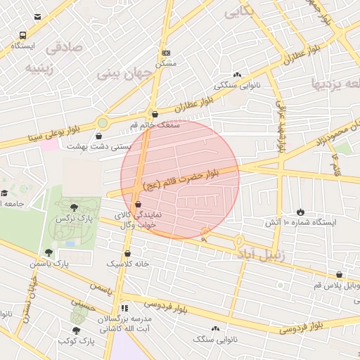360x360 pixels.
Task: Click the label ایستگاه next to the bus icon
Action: coord(22,46)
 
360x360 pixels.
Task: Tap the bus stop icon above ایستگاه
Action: coord(23,34)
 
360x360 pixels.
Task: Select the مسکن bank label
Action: coord(166,63)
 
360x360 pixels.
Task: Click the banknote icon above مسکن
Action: coord(166,53)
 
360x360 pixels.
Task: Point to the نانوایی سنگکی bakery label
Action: coord(235,85)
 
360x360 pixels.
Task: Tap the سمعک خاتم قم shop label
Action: coord(155,124)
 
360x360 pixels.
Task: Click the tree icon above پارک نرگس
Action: coord(75,207)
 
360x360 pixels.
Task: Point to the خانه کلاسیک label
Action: coord(127,263)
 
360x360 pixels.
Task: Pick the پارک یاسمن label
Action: coord(50,263)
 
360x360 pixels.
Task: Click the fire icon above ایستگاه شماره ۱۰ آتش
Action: coord(301,212)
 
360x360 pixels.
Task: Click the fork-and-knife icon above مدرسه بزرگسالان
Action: coord(124,308)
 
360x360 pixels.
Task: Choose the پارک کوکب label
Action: coord(77,341)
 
